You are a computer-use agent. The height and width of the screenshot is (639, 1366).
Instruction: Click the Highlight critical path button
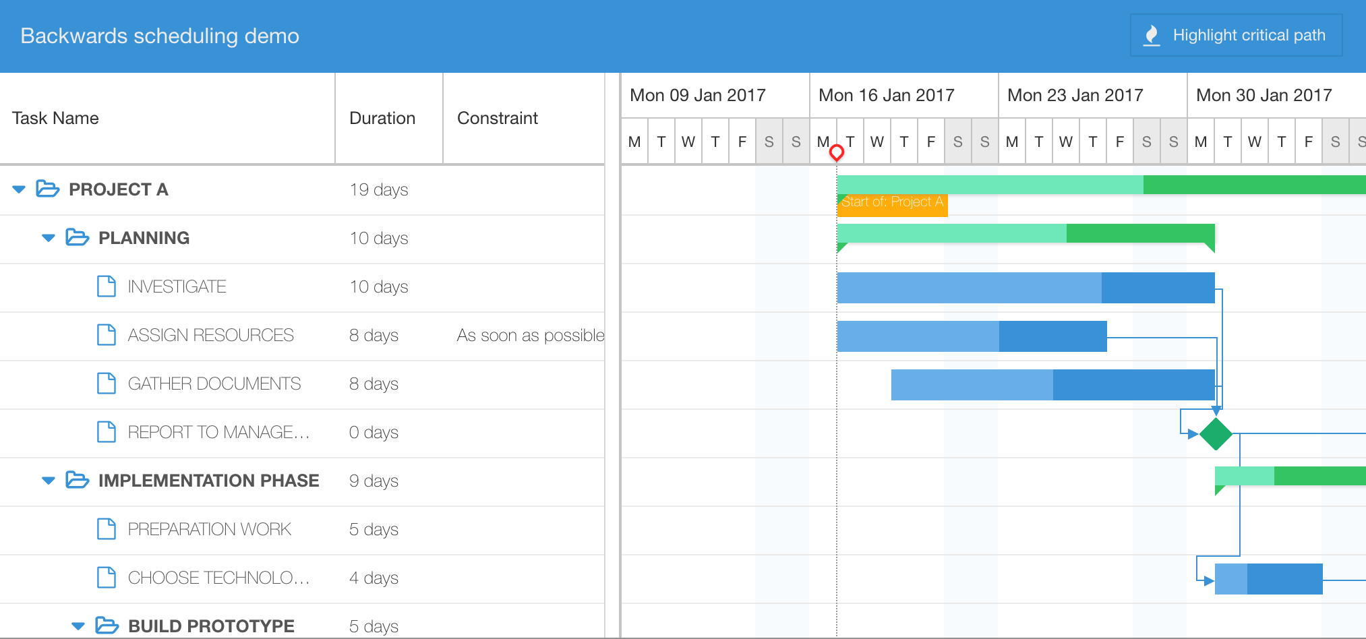tap(1236, 35)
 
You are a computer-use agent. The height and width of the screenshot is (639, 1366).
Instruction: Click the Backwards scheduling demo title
tap(160, 36)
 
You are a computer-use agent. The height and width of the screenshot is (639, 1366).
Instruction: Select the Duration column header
tap(382, 118)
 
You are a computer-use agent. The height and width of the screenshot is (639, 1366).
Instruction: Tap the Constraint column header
tap(498, 118)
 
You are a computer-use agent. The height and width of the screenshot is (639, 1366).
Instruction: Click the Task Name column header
tap(55, 118)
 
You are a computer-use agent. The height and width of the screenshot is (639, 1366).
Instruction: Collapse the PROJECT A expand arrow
tap(19, 189)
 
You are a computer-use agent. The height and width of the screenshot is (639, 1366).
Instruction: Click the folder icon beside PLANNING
tap(77, 238)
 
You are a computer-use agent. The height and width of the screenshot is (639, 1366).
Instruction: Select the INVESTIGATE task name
tap(177, 286)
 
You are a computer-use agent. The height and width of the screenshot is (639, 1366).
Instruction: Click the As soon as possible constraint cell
tap(530, 335)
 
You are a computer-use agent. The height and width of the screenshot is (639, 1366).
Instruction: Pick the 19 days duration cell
tap(378, 189)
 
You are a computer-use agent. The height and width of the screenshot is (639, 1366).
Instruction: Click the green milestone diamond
tap(1216, 433)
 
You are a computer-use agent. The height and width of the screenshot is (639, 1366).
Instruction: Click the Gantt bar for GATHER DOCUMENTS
tap(1052, 384)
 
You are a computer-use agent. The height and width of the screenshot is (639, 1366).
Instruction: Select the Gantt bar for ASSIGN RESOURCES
tap(972, 336)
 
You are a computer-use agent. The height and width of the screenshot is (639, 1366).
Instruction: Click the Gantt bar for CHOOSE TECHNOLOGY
tap(1268, 578)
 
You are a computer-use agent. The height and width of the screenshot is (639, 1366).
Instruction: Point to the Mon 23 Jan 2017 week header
tap(1075, 95)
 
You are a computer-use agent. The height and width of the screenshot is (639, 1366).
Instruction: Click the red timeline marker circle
tap(837, 152)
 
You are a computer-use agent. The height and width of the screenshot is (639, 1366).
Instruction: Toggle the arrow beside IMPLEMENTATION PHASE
tap(49, 481)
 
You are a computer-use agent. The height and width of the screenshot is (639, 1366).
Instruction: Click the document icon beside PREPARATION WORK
tap(107, 529)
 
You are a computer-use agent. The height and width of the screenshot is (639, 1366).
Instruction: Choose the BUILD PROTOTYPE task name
tap(211, 626)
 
